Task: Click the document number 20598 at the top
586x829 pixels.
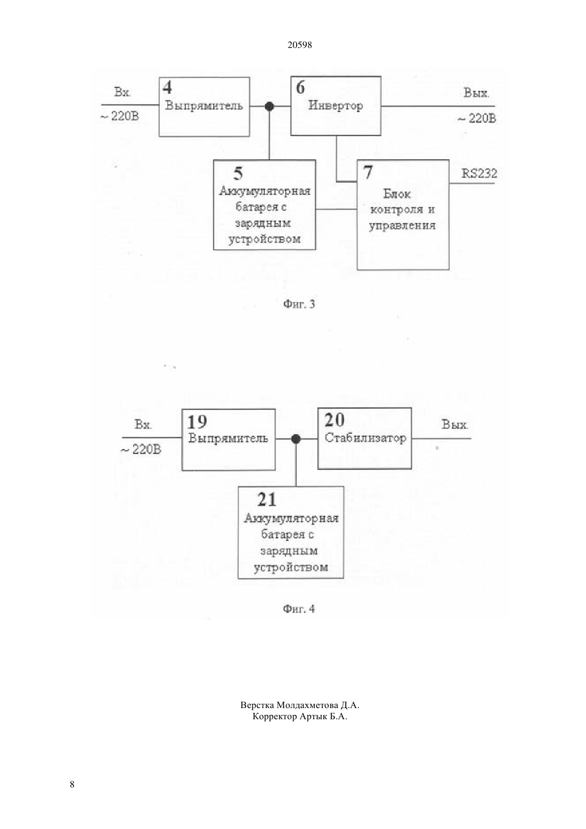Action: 299,45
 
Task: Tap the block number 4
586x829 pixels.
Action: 167,87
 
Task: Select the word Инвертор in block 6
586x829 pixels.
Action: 336,105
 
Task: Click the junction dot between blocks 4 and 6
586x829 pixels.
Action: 270,107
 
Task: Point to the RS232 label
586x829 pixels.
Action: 479,173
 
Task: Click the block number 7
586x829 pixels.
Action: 368,172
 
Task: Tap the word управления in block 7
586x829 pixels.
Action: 402,226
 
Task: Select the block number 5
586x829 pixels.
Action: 238,173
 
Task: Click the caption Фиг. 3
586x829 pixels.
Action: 299,304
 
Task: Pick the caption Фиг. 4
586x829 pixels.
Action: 299,609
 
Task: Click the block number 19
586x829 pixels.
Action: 197,422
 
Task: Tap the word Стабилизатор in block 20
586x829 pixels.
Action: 365,438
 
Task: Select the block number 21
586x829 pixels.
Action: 267,500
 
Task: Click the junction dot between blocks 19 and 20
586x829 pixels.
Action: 296,439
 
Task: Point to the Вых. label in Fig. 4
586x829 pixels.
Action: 454,424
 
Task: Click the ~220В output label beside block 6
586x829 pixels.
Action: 477,119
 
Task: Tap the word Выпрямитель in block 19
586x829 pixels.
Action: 228,438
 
